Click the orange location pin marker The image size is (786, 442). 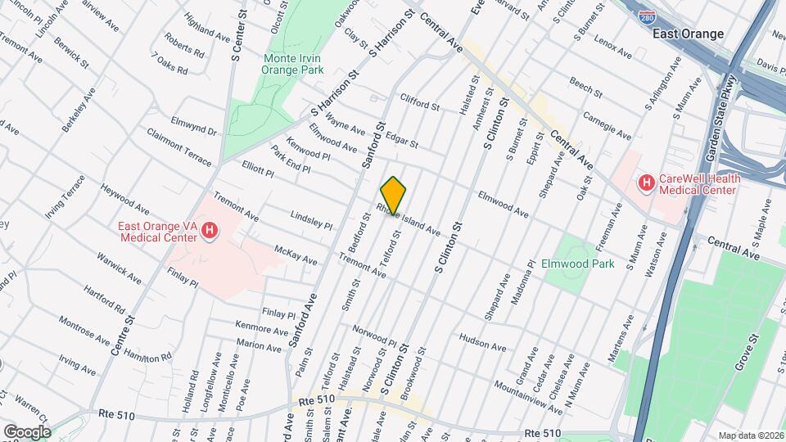click(393, 196)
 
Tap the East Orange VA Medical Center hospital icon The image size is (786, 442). click(210, 232)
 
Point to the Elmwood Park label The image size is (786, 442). click(577, 264)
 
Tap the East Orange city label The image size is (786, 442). click(688, 34)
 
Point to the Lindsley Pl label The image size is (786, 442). click(312, 219)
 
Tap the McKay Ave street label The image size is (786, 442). click(296, 255)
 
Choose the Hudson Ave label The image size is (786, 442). click(479, 337)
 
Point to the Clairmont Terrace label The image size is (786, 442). click(178, 145)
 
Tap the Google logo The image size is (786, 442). click(26, 431)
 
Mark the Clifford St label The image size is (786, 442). click(420, 101)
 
